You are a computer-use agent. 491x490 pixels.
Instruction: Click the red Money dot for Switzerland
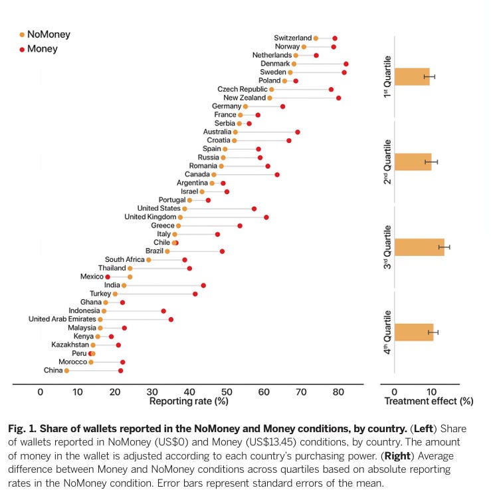coord(335,39)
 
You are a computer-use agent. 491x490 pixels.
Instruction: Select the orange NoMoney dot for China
coord(66,370)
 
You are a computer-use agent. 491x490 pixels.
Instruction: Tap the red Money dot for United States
coord(254,209)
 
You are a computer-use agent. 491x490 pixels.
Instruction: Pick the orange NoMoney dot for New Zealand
coord(270,98)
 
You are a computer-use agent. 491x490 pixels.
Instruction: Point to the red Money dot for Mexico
coord(108,277)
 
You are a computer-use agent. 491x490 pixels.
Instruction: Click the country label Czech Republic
coord(243,89)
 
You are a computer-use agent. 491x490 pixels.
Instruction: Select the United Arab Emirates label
coord(62,319)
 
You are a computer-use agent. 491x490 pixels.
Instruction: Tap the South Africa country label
coord(124,259)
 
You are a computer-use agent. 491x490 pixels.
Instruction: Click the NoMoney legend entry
coord(48,35)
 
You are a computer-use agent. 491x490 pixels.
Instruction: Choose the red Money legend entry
coord(42,49)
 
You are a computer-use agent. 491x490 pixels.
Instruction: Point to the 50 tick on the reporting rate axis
coord(227,392)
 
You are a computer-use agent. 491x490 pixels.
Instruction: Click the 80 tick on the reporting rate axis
coord(338,392)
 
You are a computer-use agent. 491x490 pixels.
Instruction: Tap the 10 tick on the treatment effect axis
coord(431,392)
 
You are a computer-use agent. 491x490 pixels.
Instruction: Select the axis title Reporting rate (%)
coord(189,402)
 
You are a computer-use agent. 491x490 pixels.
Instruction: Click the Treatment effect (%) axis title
coord(429,402)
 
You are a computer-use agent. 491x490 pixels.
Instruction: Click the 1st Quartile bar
coord(411,76)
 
